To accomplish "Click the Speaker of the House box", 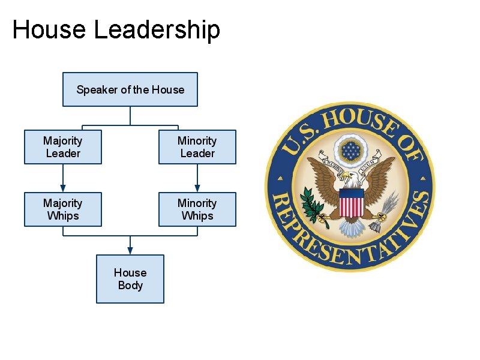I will (130, 89).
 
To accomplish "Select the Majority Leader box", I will (63, 147).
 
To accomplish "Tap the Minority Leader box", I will (197, 147).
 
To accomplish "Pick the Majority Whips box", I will (63, 209).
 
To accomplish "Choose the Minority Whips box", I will (197, 209).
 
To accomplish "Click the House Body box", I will (130, 279).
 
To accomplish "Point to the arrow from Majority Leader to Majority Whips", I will (63, 178).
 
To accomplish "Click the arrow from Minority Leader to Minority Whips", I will (197, 178).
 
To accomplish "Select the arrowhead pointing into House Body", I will (130, 251).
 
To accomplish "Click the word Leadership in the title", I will (157, 29).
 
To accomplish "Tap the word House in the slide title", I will (49, 29).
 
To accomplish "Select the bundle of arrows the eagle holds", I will (383, 213).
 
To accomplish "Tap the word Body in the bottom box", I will (130, 286).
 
